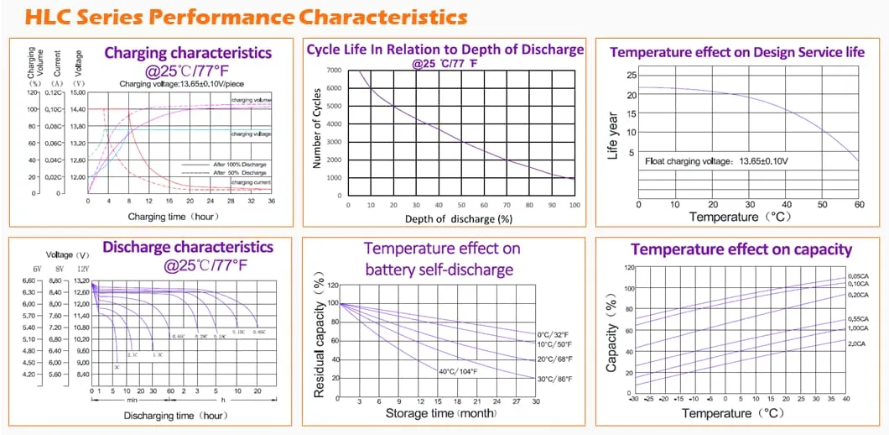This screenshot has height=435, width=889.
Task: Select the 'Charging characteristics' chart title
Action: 188,53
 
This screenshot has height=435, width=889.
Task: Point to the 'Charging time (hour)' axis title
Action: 174,216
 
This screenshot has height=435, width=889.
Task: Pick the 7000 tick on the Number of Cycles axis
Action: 334,71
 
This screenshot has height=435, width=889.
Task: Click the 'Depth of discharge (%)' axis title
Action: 458,219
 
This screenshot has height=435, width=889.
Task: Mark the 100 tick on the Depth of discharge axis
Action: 574,205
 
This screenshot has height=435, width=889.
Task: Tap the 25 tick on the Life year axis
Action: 631,76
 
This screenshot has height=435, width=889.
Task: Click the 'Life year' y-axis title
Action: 613,139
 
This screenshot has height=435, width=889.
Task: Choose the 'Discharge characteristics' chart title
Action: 187,247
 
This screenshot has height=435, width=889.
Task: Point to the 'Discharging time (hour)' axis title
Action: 175,416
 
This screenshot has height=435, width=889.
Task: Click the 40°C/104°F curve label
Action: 458,371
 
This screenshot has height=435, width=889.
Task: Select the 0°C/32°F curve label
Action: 554,334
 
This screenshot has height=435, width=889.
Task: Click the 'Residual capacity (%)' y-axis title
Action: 319,340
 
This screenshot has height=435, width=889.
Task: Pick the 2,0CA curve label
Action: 857,344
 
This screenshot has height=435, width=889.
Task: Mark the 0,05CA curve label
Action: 857,276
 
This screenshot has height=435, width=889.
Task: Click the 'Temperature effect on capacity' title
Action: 741,249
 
